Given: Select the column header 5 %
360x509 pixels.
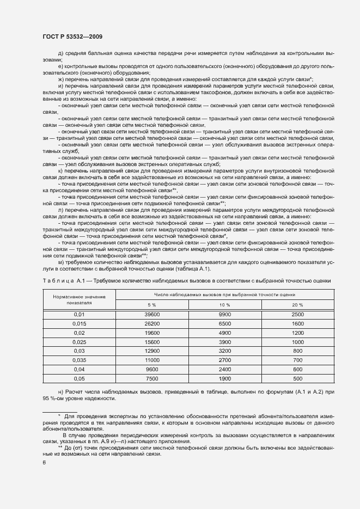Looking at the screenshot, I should (151, 304).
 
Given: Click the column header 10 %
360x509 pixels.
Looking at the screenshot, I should (224, 304).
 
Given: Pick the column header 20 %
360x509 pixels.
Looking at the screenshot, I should (297, 304).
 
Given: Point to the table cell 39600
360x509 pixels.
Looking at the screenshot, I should (151, 315).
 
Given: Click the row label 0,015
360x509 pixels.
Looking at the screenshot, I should (80, 323).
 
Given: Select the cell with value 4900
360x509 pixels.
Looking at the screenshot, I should (224, 332).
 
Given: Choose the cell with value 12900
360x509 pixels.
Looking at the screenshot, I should (151, 351).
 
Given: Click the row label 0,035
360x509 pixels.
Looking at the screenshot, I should (80, 360).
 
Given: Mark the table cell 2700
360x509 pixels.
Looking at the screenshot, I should (224, 360).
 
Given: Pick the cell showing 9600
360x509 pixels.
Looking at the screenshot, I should (151, 369).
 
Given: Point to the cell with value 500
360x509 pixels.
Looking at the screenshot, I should (297, 378).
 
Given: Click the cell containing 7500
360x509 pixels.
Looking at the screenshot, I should (151, 378).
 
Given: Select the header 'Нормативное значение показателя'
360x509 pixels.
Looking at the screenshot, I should (80, 299).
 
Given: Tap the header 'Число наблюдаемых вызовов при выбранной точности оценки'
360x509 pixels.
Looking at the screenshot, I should (224, 293).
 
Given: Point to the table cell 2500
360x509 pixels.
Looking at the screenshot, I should (297, 315).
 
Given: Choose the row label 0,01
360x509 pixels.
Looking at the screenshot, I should (80, 315).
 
